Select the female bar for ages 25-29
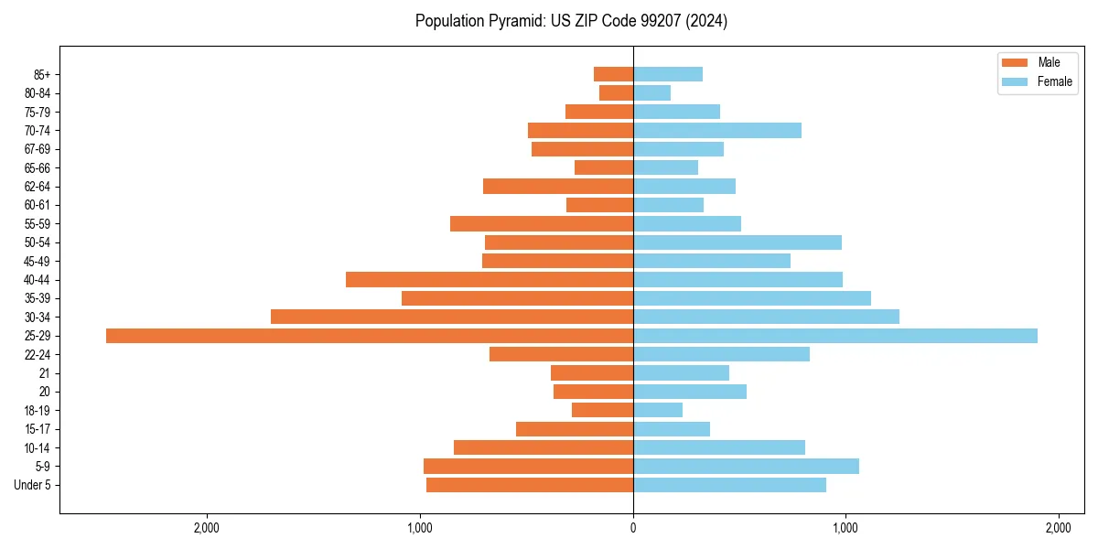pyautogui.click(x=834, y=336)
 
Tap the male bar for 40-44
pyautogui.click(x=490, y=280)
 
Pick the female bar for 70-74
pyautogui.click(x=717, y=131)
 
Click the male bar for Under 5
pyautogui.click(x=530, y=485)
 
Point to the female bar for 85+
pyautogui.click(x=668, y=74)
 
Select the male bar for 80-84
pyautogui.click(x=616, y=93)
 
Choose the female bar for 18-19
pyautogui.click(x=658, y=411)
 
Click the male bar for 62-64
pyautogui.click(x=558, y=187)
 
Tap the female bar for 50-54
pyautogui.click(x=737, y=242)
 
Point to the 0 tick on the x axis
pyautogui.click(x=633, y=528)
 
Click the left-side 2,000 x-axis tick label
pyautogui.click(x=207, y=528)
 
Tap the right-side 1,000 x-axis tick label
pyautogui.click(x=845, y=528)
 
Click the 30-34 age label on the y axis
pyautogui.click(x=38, y=318)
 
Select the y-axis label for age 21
pyautogui.click(x=44, y=373)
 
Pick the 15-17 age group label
pyautogui.click(x=38, y=429)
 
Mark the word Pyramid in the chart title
pyautogui.click(x=515, y=21)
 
